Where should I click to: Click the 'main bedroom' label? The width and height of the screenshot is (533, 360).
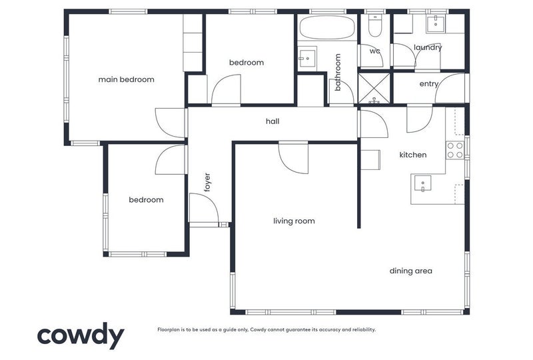[126, 79]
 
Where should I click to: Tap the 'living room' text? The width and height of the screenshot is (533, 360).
[294, 221]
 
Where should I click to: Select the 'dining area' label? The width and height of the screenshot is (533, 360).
[410, 271]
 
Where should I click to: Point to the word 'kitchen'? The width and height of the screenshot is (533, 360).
[412, 155]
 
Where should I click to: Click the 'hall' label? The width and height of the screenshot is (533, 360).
[272, 121]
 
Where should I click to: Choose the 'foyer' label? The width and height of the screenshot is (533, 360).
[207, 183]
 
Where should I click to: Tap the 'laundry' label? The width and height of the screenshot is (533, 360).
[428, 47]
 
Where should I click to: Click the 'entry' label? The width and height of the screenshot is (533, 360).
[428, 84]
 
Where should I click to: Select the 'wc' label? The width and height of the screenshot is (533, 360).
[374, 51]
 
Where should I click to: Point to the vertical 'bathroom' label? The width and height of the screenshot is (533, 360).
[338, 72]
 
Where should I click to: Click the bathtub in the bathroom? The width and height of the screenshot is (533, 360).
[327, 27]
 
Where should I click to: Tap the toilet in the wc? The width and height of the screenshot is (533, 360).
[375, 25]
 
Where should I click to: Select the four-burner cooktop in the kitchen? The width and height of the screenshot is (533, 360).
[455, 151]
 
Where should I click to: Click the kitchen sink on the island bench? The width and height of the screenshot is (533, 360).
[422, 184]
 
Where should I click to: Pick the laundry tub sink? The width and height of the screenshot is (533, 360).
[436, 24]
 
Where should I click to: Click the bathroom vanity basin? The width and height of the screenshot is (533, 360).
[307, 59]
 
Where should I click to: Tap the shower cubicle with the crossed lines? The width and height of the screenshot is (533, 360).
[374, 88]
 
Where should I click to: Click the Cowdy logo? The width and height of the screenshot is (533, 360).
[81, 335]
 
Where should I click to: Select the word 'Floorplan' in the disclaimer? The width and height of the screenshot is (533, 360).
[168, 330]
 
